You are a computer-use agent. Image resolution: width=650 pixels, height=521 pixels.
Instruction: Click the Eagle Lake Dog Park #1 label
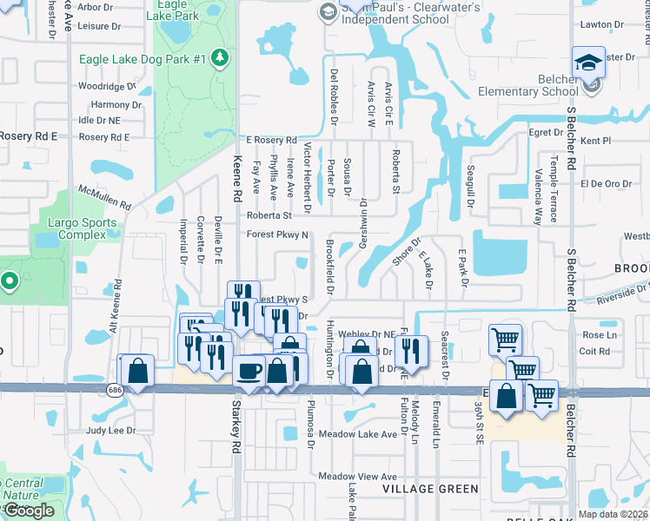click(142, 59)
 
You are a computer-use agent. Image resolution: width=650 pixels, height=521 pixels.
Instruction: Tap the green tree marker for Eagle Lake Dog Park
click(221, 58)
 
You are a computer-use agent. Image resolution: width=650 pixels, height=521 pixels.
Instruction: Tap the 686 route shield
click(115, 391)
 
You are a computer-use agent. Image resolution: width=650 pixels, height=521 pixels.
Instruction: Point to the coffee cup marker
click(249, 373)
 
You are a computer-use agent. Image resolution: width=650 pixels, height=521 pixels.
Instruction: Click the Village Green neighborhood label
click(430, 489)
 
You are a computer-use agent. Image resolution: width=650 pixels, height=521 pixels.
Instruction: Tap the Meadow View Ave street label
click(356, 476)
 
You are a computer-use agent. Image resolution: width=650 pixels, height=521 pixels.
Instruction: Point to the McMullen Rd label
click(103, 198)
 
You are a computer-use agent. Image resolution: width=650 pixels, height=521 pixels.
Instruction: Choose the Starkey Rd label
click(235, 425)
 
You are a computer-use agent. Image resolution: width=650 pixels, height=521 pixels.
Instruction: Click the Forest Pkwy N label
click(277, 234)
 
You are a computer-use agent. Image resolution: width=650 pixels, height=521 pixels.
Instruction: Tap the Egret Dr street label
click(546, 132)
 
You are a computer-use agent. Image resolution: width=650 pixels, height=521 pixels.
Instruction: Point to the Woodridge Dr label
click(107, 86)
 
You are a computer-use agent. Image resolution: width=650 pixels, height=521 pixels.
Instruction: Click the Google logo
click(29, 511)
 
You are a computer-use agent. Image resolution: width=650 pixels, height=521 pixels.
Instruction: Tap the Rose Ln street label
click(600, 335)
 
